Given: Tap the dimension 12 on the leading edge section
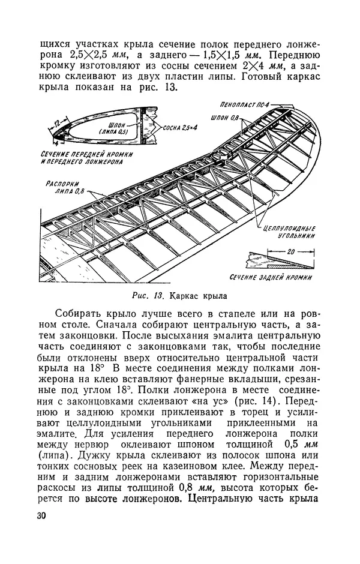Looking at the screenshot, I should [57, 124].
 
